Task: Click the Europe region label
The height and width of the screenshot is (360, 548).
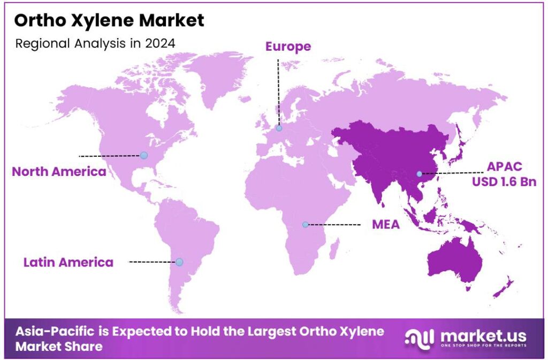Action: pos(288,47)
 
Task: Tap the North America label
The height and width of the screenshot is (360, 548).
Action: pos(59,172)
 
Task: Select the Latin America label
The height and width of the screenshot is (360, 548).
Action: pos(68,262)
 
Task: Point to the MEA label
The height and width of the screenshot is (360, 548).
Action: pos(386,225)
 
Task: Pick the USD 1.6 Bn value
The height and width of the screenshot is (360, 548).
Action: pos(504,182)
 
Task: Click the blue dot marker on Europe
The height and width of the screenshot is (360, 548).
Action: pos(279,128)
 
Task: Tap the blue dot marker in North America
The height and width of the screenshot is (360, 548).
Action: pos(143,156)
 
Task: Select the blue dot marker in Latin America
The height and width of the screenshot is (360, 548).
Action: pos(179,262)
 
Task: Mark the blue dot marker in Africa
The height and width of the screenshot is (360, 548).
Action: pos(305,225)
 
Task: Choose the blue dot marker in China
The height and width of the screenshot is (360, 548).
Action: pos(420,173)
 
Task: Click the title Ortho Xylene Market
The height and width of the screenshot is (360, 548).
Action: pos(109,21)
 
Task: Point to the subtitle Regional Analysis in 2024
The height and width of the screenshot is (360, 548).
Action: pos(95,43)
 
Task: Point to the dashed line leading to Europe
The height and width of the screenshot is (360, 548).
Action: pos(278,91)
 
